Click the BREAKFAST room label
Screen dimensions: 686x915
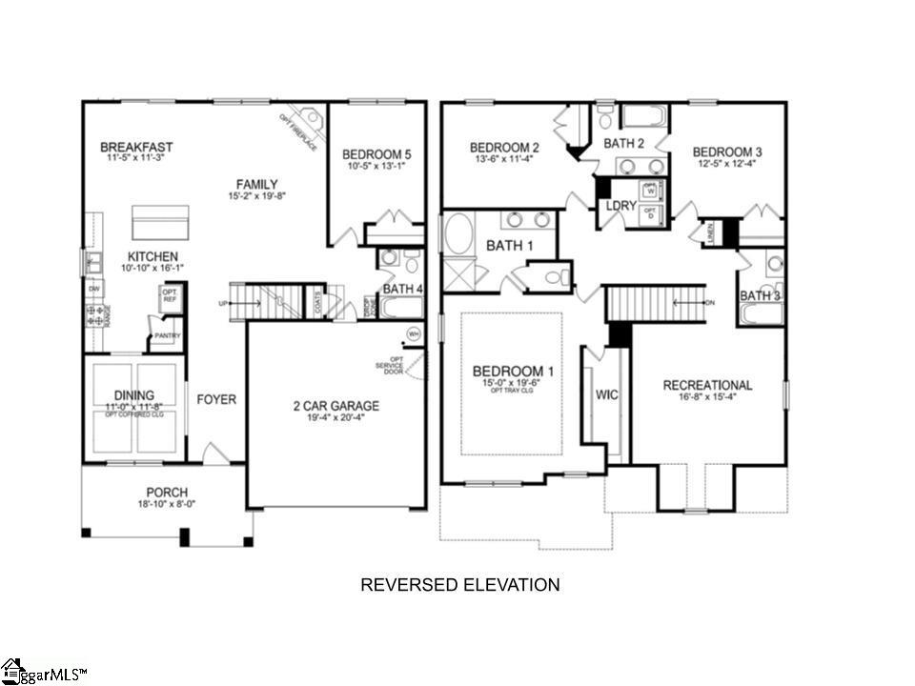click(136, 147)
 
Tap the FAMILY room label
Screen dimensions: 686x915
click(257, 184)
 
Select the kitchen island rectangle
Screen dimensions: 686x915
click(159, 222)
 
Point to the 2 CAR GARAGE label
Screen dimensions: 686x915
click(335, 406)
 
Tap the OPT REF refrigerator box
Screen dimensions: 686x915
click(170, 296)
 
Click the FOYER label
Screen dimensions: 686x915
click(216, 399)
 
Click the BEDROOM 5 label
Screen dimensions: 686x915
click(377, 153)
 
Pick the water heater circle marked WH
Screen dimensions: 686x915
click(414, 333)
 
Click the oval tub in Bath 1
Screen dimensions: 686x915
click(458, 233)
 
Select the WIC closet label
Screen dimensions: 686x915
click(607, 393)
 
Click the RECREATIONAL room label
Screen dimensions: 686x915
click(707, 385)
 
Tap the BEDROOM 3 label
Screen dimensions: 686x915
click(727, 152)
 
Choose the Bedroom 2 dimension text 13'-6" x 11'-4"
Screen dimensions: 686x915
click(504, 161)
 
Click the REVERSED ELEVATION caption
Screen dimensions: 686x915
click(459, 584)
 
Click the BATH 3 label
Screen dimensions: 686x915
click(760, 295)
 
